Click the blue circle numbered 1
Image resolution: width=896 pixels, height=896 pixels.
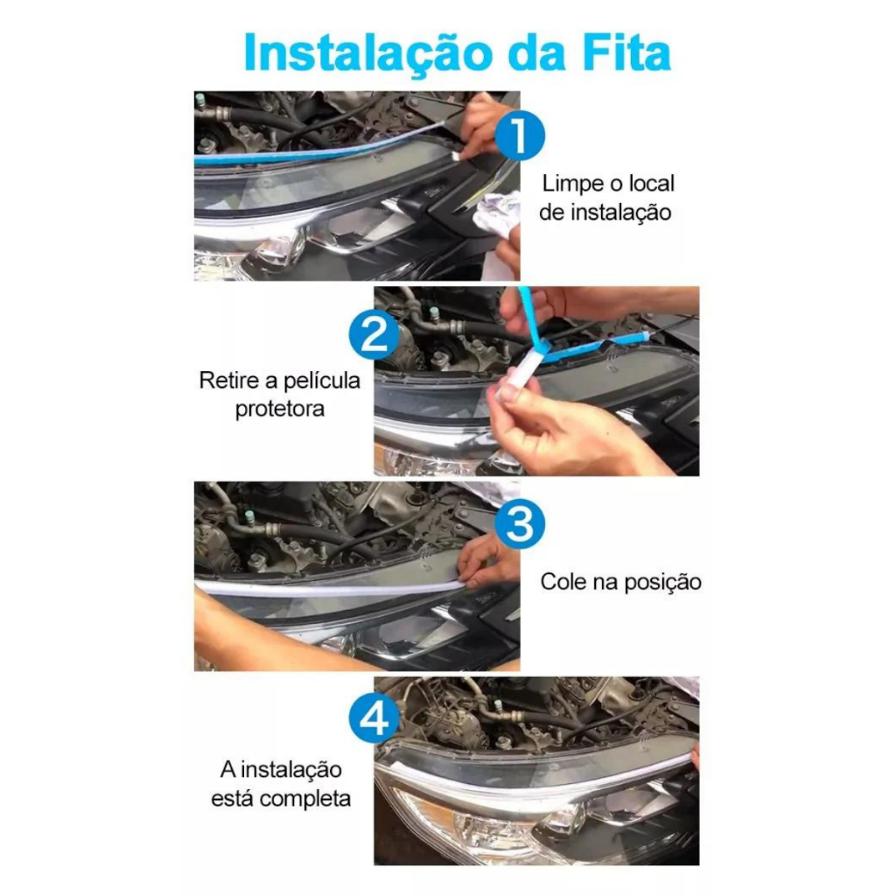pyautogui.click(x=519, y=136)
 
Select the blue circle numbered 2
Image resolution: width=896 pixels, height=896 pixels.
pyautogui.click(x=374, y=334)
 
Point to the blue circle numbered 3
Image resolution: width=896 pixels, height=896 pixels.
pyautogui.click(x=519, y=523)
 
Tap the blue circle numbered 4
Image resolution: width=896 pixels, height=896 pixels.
pyautogui.click(x=374, y=718)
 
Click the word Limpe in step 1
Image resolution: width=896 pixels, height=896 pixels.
pyautogui.click(x=571, y=185)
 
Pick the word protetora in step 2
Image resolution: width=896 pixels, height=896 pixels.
pyautogui.click(x=279, y=409)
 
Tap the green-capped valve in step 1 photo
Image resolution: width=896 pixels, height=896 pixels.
pyautogui.click(x=200, y=101)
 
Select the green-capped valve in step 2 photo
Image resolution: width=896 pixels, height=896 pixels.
pyautogui.click(x=435, y=313)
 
